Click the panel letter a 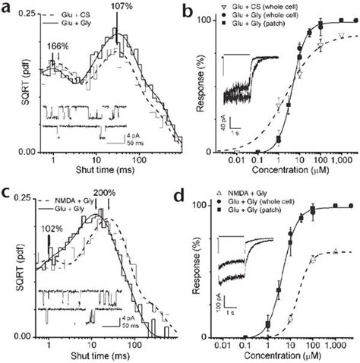pos(8,8)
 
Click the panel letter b pos(191,8)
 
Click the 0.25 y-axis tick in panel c pos(24,198)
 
